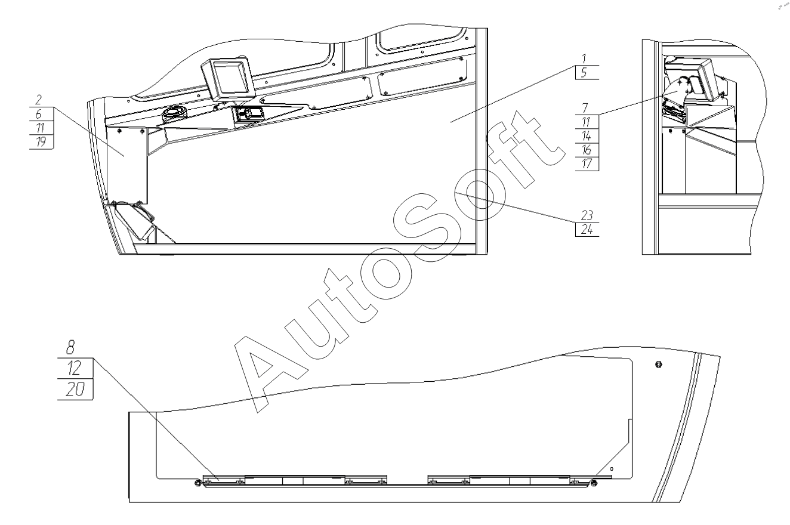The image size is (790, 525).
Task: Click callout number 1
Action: coord(584,58)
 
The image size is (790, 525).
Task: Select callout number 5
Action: coord(584,73)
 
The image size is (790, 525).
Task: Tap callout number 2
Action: coord(38,100)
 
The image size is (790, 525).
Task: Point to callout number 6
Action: coord(38,113)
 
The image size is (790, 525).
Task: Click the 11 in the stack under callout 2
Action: coord(39,127)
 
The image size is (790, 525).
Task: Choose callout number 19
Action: coord(41,141)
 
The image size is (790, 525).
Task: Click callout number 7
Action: coord(585,107)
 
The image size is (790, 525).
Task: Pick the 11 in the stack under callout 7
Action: coord(586,122)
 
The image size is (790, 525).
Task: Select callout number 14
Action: coord(586,136)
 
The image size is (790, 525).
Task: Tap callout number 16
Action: coord(586,150)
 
